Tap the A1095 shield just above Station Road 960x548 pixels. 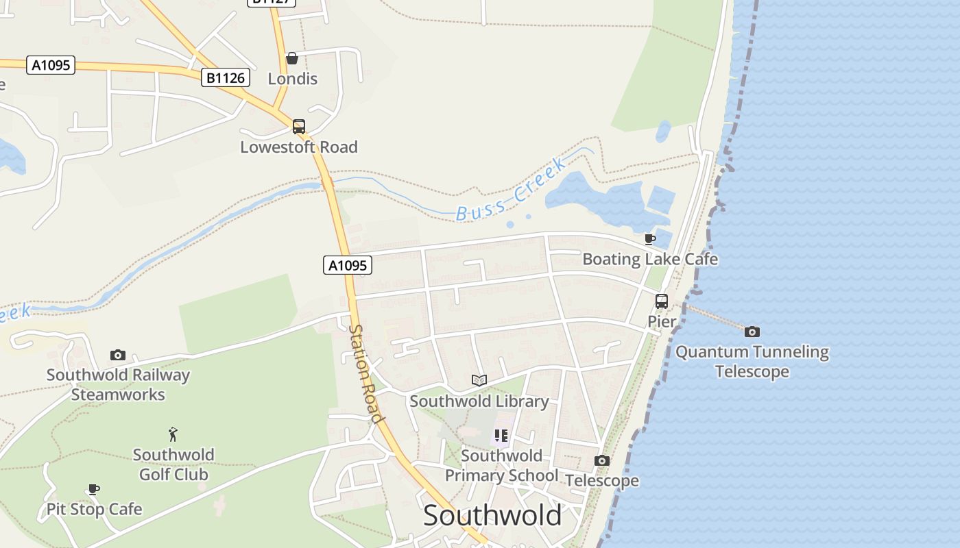[x=348, y=265]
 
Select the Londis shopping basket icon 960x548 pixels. [x=292, y=58]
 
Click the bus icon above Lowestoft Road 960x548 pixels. [x=299, y=127]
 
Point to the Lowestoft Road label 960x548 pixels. [x=299, y=147]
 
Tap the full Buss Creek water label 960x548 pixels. [x=512, y=190]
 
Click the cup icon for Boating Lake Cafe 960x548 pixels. [x=649, y=239]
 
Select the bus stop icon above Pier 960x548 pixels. [x=662, y=301]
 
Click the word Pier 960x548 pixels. [x=662, y=321]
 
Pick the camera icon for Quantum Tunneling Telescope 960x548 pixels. [x=752, y=332]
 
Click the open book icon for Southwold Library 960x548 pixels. [x=479, y=381]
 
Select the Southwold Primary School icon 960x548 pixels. [x=501, y=436]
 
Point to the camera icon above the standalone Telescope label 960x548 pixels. [x=602, y=461]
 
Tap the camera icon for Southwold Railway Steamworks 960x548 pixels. [x=118, y=356]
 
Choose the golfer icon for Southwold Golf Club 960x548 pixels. [x=173, y=434]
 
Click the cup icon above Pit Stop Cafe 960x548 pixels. [x=94, y=489]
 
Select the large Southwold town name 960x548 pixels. [x=492, y=515]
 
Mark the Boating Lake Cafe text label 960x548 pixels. [x=650, y=260]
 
